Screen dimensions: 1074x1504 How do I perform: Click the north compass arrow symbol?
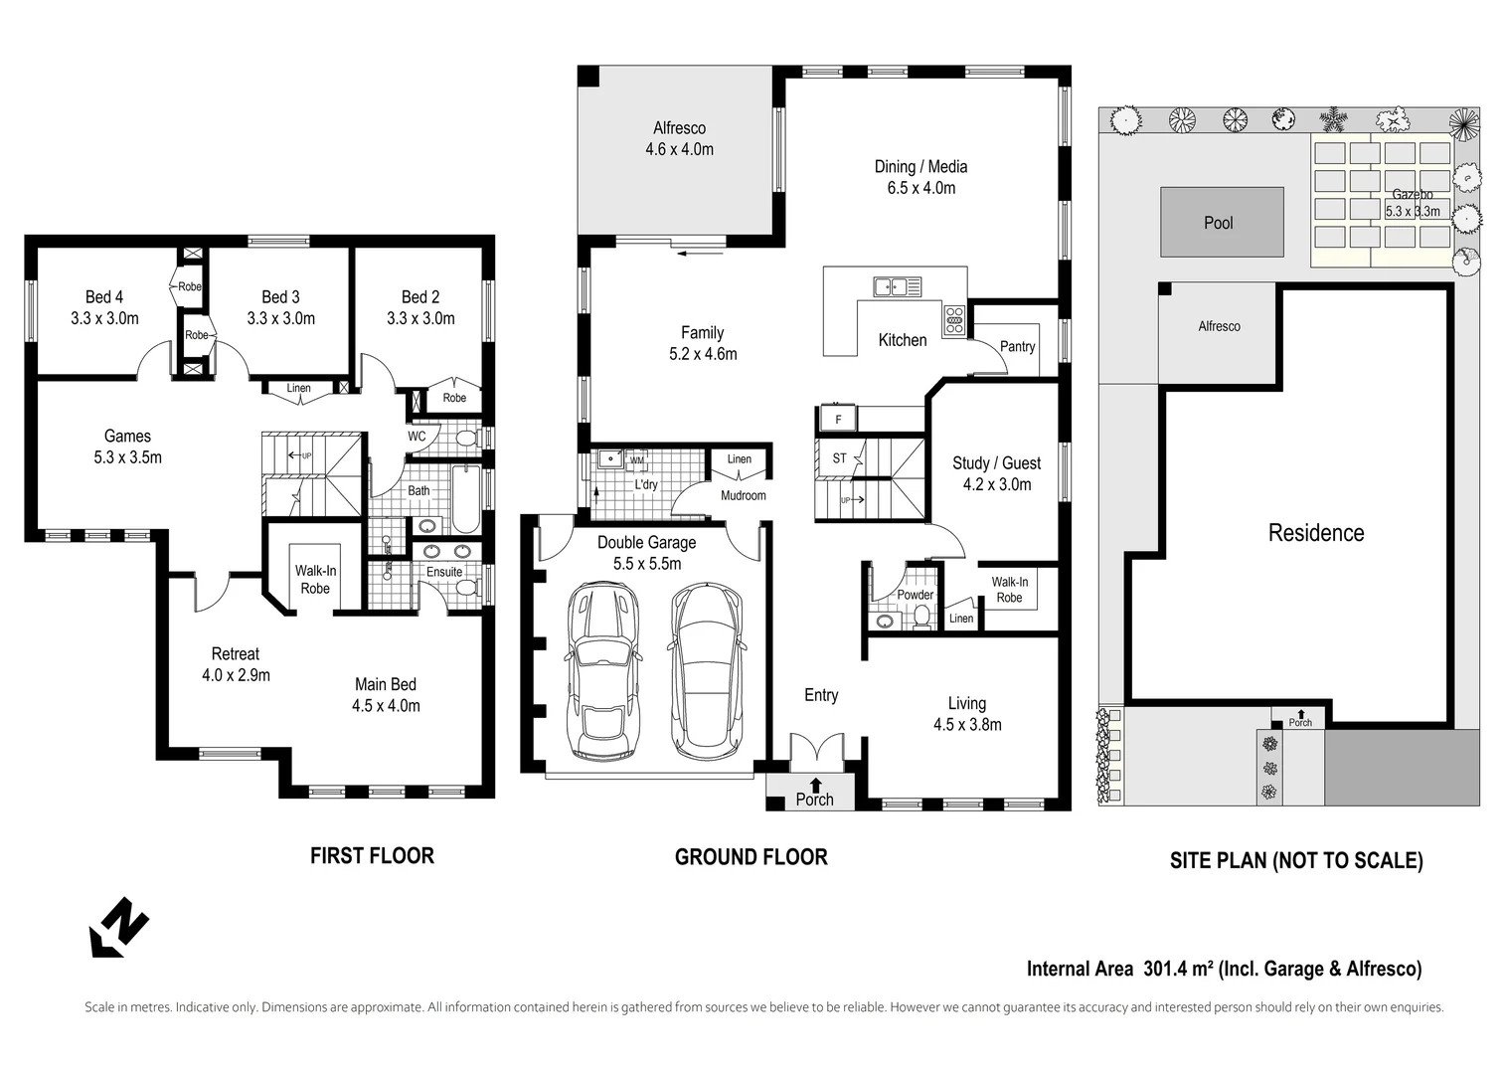[x=118, y=927]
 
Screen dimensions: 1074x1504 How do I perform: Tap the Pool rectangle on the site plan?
[x=1222, y=223]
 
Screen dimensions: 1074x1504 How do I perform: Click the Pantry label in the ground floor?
[x=1017, y=346]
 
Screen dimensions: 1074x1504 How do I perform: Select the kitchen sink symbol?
[x=897, y=286]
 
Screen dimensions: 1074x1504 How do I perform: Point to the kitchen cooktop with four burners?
[x=954, y=318]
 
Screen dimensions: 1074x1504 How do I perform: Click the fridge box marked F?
[x=838, y=420]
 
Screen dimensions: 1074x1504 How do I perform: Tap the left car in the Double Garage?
[x=600, y=671]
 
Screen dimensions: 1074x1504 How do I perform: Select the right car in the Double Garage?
[x=706, y=671]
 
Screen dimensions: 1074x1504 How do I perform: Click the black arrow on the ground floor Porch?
[x=816, y=784]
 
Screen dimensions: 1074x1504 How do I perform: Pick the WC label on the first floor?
[x=417, y=436]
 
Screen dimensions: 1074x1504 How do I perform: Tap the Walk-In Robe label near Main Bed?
[x=315, y=580]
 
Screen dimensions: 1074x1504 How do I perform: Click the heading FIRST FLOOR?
[x=372, y=856]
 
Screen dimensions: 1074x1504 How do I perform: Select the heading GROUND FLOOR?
[x=751, y=857]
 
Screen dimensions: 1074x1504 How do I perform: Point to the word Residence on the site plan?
[x=1315, y=533]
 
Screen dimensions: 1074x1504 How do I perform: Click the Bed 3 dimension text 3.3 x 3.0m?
[x=280, y=319]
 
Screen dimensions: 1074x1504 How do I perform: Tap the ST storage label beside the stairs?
[x=839, y=458]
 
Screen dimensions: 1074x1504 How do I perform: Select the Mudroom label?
[x=743, y=495]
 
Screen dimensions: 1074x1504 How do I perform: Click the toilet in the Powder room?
[x=921, y=618]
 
